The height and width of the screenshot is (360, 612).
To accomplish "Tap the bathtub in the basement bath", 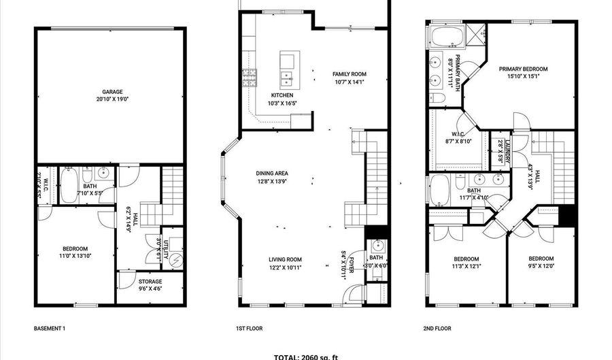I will [69, 185].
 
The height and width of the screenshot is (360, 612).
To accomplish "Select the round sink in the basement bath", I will [102, 172].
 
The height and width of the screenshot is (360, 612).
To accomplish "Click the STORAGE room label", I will [150, 281].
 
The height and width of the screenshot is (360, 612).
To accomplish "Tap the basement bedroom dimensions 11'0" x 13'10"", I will [75, 256].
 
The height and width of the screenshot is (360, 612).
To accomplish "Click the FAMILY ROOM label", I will [349, 74].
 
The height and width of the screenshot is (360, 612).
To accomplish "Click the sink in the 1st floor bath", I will [376, 246].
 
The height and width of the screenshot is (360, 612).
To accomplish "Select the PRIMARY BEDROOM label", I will [523, 69].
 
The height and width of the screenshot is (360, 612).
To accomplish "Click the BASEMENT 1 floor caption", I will [50, 328].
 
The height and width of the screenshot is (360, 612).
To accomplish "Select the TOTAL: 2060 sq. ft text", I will [306, 356].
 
